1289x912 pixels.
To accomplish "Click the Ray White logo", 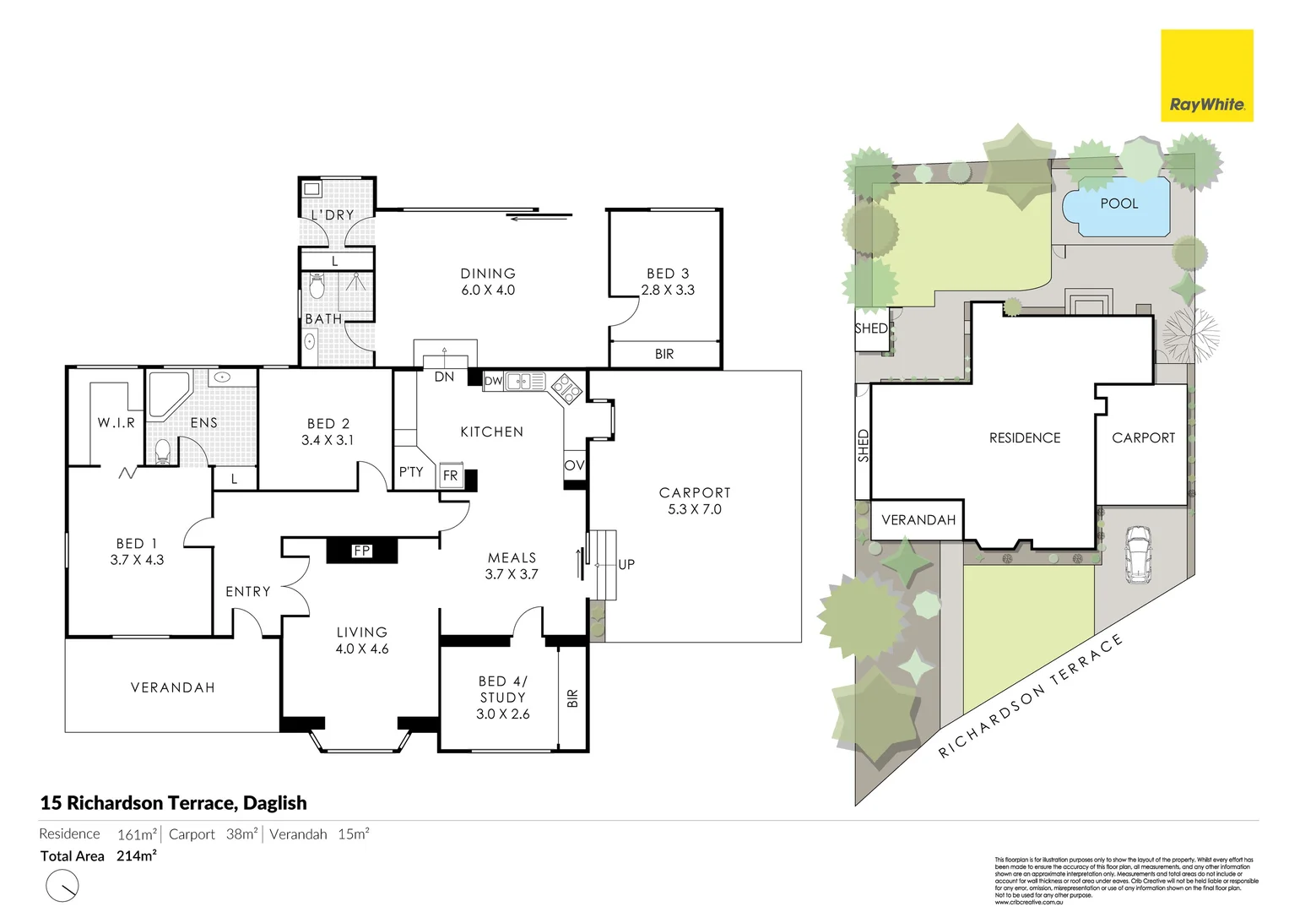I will click(1206, 76).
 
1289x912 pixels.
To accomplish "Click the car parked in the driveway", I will click(1138, 555).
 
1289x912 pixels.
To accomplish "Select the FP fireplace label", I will click(362, 551).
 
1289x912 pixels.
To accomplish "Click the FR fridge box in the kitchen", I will click(451, 476).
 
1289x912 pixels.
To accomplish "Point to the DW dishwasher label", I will click(494, 381).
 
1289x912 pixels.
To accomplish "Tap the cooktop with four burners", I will click(566, 389).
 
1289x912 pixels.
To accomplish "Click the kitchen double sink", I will click(525, 382).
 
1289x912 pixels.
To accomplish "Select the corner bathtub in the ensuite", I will click(169, 394).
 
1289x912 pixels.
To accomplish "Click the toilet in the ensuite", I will click(163, 452).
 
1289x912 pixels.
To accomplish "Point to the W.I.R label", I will click(116, 422).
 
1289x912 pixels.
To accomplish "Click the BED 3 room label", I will click(668, 274).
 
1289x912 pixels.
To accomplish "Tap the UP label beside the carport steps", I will click(626, 564).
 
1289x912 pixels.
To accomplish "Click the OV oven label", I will click(574, 465).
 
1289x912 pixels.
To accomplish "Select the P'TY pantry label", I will click(411, 472).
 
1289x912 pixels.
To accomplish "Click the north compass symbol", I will click(62, 886).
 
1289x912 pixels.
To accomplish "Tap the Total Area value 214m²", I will click(137, 855).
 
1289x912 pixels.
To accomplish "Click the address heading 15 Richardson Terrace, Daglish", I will click(174, 802).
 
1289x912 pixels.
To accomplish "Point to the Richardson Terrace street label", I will click(1031, 696).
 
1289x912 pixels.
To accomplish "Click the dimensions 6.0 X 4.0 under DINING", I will click(488, 290).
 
